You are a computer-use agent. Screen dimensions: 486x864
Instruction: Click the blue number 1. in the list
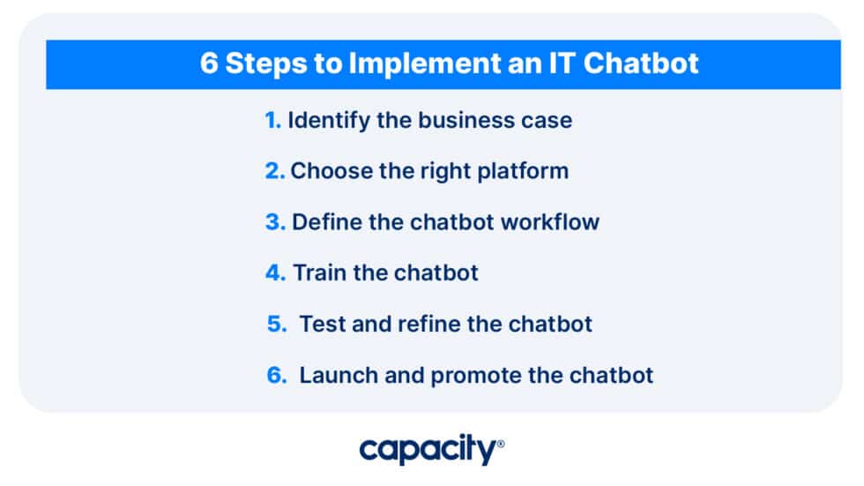coord(272,120)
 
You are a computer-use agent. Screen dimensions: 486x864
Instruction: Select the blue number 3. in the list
coord(274,221)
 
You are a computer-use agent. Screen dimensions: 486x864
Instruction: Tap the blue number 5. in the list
coord(277,324)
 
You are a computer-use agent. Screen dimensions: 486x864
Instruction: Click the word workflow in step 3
coord(550,221)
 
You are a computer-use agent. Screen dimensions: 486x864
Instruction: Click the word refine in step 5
coord(428,324)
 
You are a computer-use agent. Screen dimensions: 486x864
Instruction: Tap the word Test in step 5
coord(323,324)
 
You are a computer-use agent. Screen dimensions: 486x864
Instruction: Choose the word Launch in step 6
coord(337,375)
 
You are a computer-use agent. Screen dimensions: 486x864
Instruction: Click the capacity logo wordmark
coord(428,451)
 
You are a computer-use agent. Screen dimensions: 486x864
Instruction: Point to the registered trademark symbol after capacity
coord(501,445)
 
